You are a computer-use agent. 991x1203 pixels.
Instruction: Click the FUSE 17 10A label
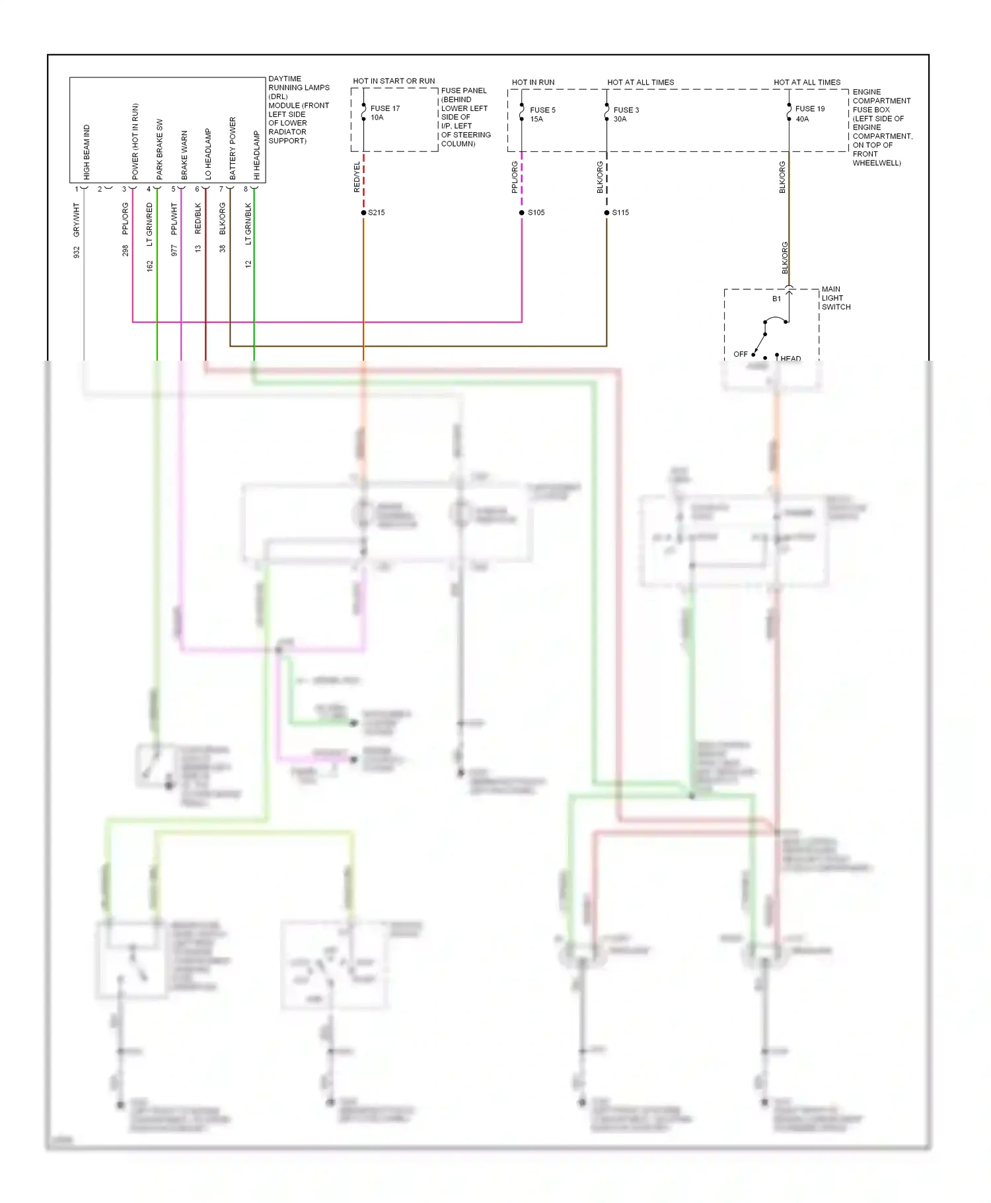[385, 113]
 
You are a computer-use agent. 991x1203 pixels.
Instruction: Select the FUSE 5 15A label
[542, 114]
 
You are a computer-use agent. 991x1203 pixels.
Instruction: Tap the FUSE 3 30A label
[626, 114]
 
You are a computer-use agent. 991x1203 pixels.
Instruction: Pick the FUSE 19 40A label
[809, 113]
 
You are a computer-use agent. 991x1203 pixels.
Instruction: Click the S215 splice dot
[363, 213]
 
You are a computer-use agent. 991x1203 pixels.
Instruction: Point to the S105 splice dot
[522, 213]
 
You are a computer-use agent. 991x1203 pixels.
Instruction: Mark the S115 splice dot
[606, 213]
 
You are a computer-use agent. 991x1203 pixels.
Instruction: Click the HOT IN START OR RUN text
[394, 81]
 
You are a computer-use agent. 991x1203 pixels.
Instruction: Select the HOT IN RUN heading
[532, 83]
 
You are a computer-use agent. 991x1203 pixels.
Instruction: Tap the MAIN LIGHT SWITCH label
[835, 298]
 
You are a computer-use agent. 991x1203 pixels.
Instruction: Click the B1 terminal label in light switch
[776, 299]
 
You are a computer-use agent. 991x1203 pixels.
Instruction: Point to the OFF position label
[740, 354]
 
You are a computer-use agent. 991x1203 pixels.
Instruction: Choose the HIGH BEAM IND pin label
[87, 152]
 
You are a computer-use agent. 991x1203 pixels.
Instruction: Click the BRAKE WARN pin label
[184, 155]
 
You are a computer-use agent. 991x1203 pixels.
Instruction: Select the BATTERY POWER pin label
[233, 149]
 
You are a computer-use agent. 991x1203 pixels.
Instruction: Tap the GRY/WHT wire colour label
[76, 220]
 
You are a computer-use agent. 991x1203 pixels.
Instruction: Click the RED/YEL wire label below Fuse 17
[357, 177]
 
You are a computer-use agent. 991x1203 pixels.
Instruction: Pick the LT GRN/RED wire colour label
[149, 225]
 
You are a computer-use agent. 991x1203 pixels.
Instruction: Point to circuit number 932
[76, 252]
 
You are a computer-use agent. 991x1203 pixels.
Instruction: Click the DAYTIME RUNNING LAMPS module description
[298, 110]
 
